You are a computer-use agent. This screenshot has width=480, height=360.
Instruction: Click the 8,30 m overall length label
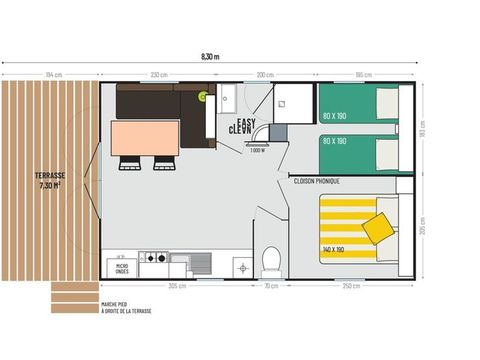coord(209,57)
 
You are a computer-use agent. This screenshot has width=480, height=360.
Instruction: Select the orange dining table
coord(145,138)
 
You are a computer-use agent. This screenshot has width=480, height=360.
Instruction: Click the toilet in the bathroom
coord(270,262)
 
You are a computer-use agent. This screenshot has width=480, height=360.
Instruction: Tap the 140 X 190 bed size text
coord(334,248)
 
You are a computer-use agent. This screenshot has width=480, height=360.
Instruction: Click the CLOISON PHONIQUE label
coord(316,181)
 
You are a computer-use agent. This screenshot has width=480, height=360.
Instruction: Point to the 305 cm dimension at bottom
coord(175,286)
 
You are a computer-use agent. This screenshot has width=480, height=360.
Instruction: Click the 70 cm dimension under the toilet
coord(271,286)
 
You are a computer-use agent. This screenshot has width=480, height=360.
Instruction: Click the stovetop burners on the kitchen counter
coord(154,258)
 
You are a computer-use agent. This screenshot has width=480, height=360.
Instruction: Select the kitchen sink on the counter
coord(198,262)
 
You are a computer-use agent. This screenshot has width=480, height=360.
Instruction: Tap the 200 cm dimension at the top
coord(265,75)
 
